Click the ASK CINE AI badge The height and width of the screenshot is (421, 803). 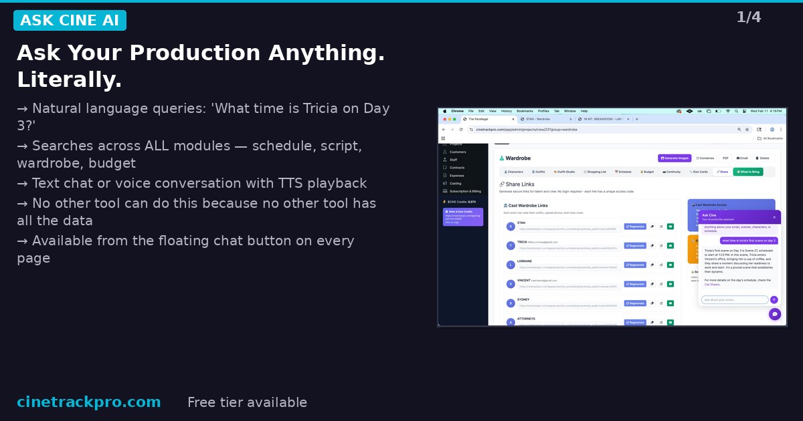pyautogui.click(x=70, y=21)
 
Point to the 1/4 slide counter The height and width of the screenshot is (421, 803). pyautogui.click(x=749, y=17)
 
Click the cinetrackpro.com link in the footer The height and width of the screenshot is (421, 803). pyautogui.click(x=88, y=402)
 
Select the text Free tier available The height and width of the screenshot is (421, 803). pyautogui.click(x=247, y=402)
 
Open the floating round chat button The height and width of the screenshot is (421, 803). pyautogui.click(x=775, y=314)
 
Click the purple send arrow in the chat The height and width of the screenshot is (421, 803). pyautogui.click(x=774, y=300)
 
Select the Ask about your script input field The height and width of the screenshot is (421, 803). pyautogui.click(x=734, y=300)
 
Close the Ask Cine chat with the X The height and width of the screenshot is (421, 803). pyautogui.click(x=775, y=217)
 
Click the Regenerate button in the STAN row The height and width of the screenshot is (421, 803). pyautogui.click(x=635, y=227)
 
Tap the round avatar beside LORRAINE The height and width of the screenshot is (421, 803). pyautogui.click(x=511, y=265)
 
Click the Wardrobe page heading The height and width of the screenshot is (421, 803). pyautogui.click(x=517, y=158)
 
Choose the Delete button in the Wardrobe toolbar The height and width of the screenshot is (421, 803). pyautogui.click(x=763, y=158)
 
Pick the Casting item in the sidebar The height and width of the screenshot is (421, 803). pyautogui.click(x=455, y=183)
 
